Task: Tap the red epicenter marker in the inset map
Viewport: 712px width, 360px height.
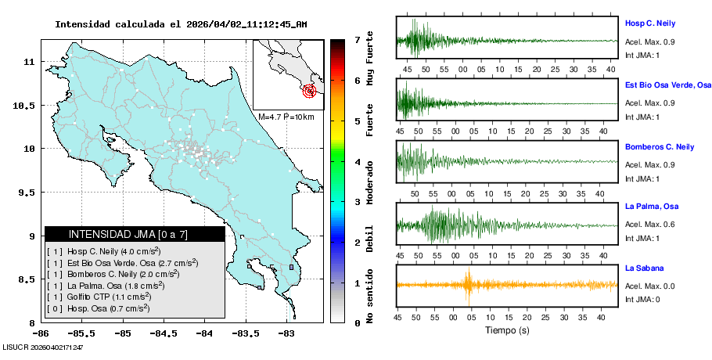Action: coord(311,91)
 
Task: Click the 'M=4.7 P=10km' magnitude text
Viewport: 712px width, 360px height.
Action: coord(286,117)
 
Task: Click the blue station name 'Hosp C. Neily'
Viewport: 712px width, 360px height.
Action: coord(649,23)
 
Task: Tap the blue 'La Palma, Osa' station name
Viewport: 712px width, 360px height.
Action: coord(651,207)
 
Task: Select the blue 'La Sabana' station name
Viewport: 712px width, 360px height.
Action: coord(644,268)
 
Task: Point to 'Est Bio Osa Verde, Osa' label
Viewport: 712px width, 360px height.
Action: coord(667,85)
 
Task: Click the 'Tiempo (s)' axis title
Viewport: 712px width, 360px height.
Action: coord(508,331)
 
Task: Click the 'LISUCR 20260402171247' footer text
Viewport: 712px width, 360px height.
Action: coord(43,347)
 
